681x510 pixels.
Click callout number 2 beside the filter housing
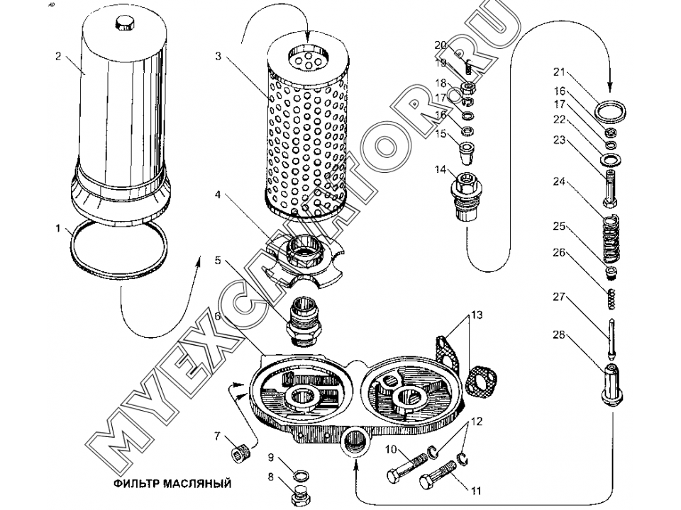click(58, 57)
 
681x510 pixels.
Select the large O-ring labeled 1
click(120, 244)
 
